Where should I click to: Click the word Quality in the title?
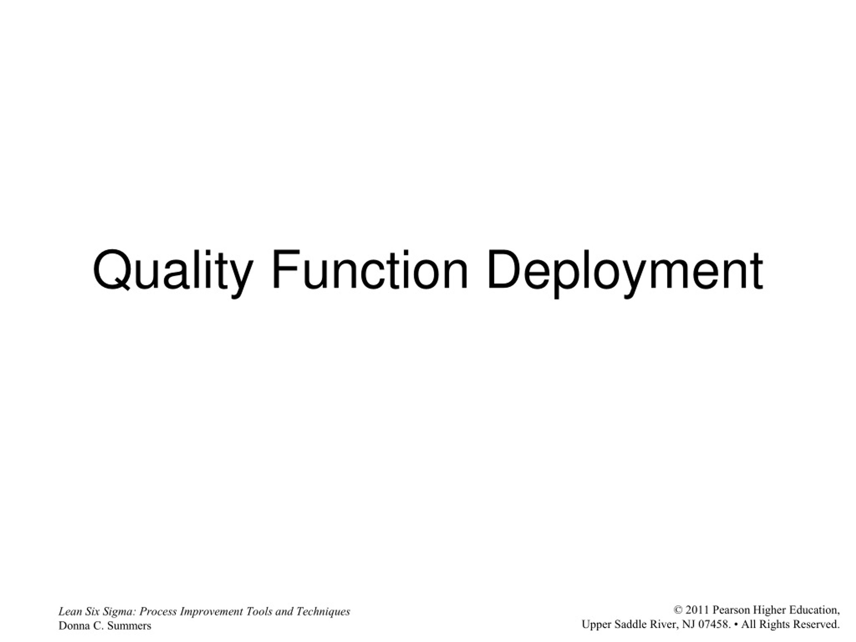(173, 272)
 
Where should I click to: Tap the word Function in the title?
(369, 270)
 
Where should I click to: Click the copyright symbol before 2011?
(677, 610)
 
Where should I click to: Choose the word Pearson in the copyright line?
(731, 610)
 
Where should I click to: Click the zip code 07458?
(714, 624)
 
